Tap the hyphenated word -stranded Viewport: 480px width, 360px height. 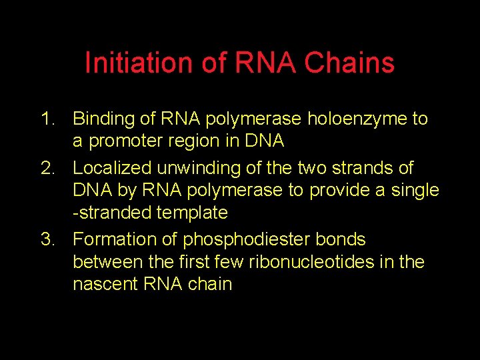coord(113,213)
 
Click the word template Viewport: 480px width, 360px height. coord(193,213)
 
